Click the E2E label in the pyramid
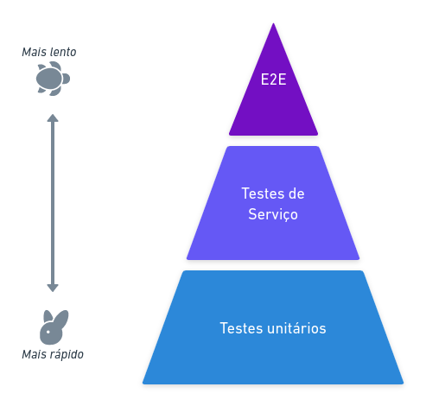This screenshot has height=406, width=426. click(x=273, y=79)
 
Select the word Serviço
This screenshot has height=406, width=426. click(x=273, y=215)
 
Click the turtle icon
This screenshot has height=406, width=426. click(x=53, y=79)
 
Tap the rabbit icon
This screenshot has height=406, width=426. click(x=54, y=327)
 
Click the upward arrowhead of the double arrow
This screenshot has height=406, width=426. click(x=53, y=117)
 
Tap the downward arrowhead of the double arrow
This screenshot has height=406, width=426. click(x=53, y=289)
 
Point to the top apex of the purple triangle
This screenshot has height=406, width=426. click(x=273, y=23)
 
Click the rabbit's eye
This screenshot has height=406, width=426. click(x=48, y=332)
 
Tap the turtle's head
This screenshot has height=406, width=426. click(x=66, y=79)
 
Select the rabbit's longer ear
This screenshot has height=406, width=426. click(x=62, y=319)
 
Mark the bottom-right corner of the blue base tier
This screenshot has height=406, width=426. click(x=404, y=384)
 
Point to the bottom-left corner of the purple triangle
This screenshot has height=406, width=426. click(x=230, y=135)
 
